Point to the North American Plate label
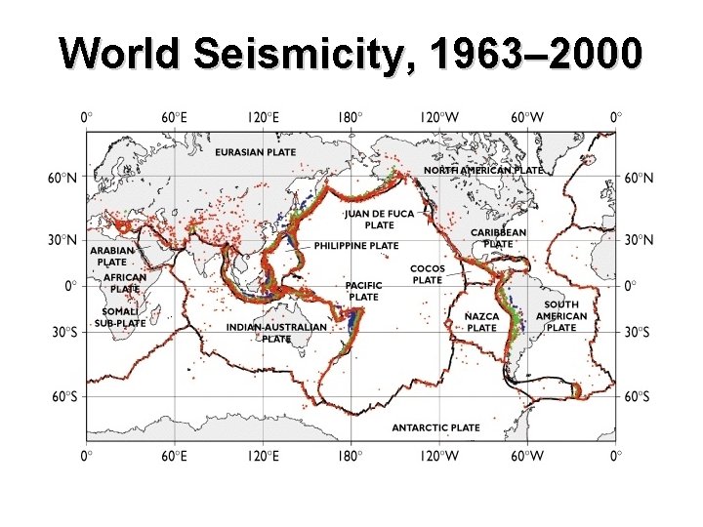pos(483,170)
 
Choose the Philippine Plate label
pos(355,246)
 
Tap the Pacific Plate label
pos(364,291)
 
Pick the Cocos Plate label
pos(427,274)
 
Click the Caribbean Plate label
pos(498,238)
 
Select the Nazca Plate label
pos(481,322)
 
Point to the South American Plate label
pos(561,316)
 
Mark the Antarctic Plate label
pos(435,427)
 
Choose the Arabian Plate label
pos(111,256)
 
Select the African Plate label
pos(125,283)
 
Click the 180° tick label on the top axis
pos(349,117)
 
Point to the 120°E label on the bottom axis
pos(262,455)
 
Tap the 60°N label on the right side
pos(639,178)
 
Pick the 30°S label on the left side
pos(66,333)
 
